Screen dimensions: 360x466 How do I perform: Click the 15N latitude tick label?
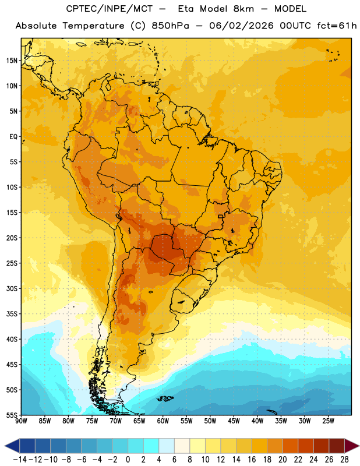pos(12,61)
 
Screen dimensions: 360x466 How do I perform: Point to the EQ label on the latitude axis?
pos(13,137)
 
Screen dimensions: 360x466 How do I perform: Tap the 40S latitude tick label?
pos(12,339)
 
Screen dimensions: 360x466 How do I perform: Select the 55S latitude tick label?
pos(12,415)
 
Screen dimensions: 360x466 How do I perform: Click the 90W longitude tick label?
pos(22,421)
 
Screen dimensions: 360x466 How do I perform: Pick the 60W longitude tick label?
pos(163,421)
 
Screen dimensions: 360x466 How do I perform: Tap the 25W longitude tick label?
pos(328,421)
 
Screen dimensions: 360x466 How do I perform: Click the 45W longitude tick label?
pos(234,421)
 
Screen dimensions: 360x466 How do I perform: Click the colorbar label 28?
pos(344,460)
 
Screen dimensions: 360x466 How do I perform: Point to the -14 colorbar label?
pos(20,460)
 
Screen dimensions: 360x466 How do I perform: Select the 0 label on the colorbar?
pos(128,460)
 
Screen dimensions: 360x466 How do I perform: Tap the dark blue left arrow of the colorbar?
pos(12,446)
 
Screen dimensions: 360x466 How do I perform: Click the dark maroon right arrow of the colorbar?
pos(352,446)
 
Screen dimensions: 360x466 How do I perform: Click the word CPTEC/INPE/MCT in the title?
pos(110,9)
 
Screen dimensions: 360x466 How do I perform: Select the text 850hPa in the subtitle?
pos(170,26)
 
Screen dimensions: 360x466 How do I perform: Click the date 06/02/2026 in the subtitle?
pos(241,26)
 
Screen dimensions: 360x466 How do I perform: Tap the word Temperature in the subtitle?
pos(93,26)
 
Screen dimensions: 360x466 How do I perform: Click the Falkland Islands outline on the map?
pos(165,398)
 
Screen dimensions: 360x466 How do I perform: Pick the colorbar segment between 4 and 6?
pos(167,446)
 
